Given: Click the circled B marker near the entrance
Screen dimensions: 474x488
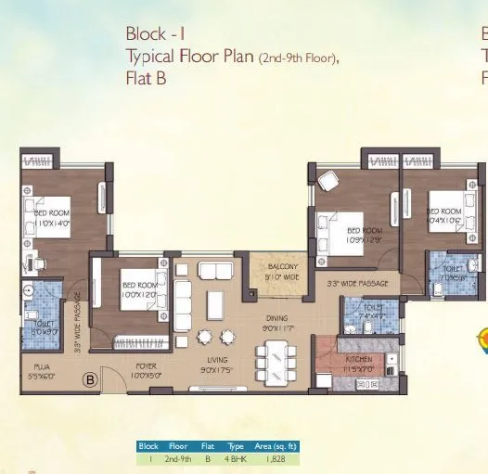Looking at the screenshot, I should click(x=91, y=378).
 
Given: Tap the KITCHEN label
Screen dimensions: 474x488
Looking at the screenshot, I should click(x=358, y=363).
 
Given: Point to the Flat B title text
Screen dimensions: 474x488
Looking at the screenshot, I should click(x=146, y=78).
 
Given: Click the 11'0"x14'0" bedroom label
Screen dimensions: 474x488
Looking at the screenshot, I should click(x=52, y=218).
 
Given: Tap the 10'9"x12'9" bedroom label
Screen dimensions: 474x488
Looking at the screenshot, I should click(x=365, y=235).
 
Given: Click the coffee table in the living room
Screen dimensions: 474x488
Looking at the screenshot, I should click(x=216, y=304).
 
